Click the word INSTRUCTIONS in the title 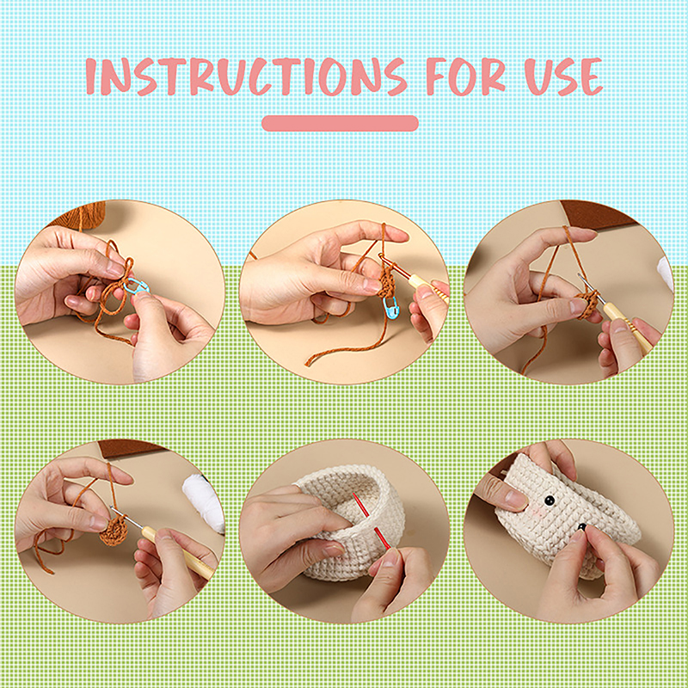pyautogui.click(x=246, y=77)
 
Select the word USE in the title pyautogui.click(x=564, y=77)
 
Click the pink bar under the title pyautogui.click(x=340, y=123)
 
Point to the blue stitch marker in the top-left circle pyautogui.click(x=137, y=286)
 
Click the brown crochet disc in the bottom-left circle pyautogui.click(x=114, y=530)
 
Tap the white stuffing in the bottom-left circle pyautogui.click(x=203, y=501)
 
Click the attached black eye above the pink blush pyautogui.click(x=548, y=500)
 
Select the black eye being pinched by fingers pyautogui.click(x=581, y=526)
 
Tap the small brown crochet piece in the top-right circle pyautogui.click(x=588, y=304)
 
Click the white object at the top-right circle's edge pyautogui.click(x=665, y=271)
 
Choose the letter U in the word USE pyautogui.click(x=539, y=77)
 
